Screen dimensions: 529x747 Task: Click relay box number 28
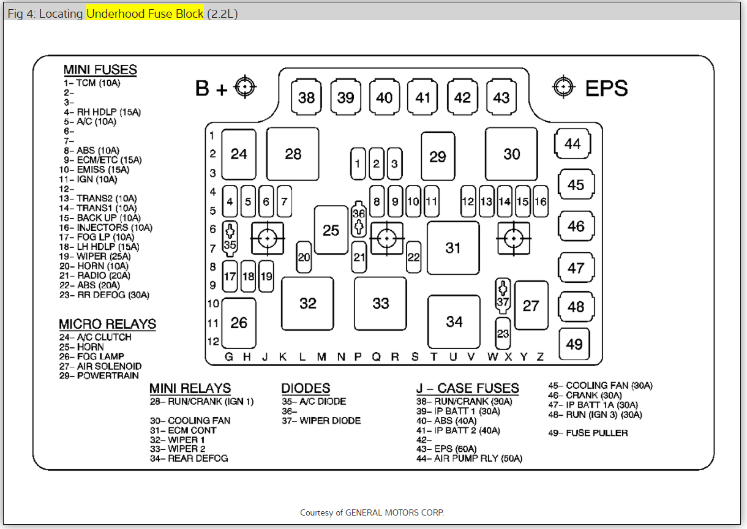click(293, 154)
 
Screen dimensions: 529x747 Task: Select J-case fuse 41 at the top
click(423, 97)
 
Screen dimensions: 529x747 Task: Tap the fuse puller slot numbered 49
click(574, 344)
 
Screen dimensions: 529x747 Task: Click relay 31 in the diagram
click(453, 248)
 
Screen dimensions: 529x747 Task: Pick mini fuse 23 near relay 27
click(503, 334)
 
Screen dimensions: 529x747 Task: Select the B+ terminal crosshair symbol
click(245, 88)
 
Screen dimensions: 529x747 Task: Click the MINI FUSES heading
click(100, 69)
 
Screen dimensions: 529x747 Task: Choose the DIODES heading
click(306, 388)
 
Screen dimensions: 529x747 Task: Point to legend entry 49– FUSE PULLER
click(588, 433)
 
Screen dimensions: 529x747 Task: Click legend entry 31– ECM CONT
click(183, 430)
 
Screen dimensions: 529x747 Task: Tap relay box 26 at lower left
click(239, 323)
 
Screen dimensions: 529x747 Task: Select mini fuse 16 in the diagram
click(540, 201)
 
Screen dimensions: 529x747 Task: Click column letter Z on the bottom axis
click(539, 357)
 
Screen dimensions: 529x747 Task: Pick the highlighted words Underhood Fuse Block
click(145, 13)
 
